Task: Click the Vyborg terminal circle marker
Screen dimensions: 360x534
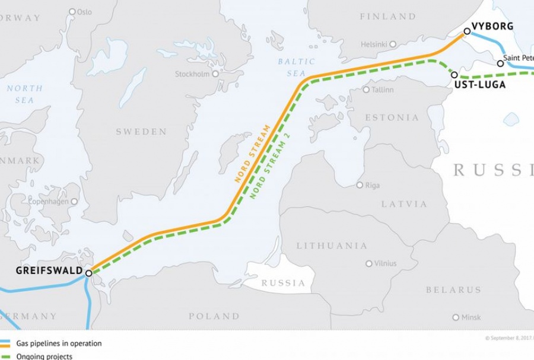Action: click(x=466, y=31)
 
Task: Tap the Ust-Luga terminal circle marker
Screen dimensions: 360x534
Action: click(x=454, y=75)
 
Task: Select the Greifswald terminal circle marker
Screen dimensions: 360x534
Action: click(x=88, y=273)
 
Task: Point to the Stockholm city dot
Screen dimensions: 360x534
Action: click(x=215, y=74)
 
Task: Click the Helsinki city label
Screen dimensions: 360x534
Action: click(x=374, y=44)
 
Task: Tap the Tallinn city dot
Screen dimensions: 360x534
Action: click(x=367, y=90)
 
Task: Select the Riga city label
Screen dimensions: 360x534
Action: click(x=372, y=186)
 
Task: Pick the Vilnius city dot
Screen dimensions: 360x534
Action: click(x=369, y=263)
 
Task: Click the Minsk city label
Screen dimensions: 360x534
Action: click(x=471, y=318)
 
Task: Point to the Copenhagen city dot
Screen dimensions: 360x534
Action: click(x=74, y=202)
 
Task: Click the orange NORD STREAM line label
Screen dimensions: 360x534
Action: click(x=252, y=154)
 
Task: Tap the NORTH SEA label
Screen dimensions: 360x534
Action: click(x=24, y=94)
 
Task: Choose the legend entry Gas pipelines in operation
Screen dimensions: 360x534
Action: click(x=66, y=343)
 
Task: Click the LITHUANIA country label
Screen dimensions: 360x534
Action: click(x=332, y=246)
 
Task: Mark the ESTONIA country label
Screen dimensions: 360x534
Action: click(x=391, y=117)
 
